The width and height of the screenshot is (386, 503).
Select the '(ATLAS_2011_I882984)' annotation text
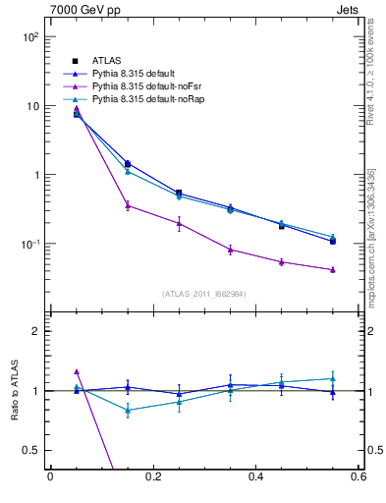(x=203, y=294)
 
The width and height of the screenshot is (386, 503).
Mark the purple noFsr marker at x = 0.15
(x=128, y=205)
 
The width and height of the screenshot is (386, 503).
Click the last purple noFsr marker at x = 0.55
(x=333, y=269)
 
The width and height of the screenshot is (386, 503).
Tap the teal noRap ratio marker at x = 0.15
(x=128, y=411)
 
